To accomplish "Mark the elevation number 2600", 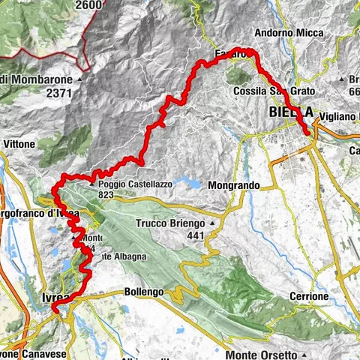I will click(88, 4).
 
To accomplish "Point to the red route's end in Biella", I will click(308, 133).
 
